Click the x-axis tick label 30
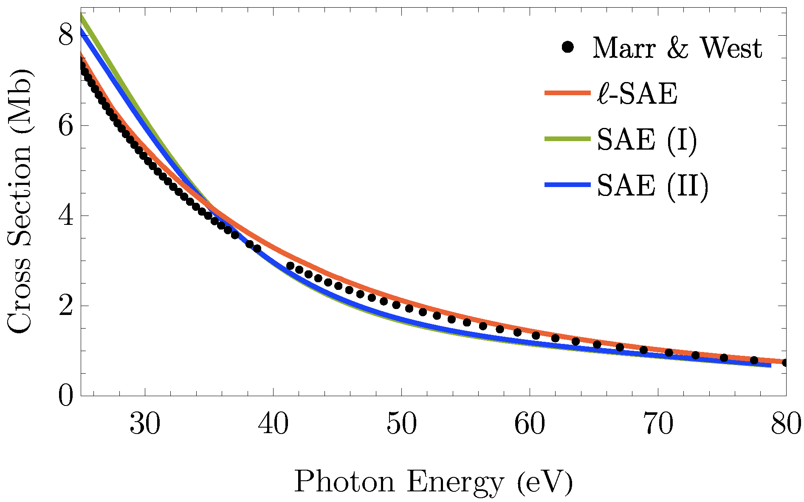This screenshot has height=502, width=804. pos(145,424)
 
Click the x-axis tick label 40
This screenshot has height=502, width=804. pos(274,424)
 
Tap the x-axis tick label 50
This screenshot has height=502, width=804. pos(402,424)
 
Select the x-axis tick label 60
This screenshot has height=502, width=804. pos(530,424)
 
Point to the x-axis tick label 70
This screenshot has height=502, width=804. pos(658,424)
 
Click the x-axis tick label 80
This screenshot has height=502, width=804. pos(786,424)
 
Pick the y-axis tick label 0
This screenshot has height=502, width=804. pos(65,396)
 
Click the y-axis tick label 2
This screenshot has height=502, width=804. pos(65,306)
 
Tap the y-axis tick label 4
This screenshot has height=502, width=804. pos(65,216)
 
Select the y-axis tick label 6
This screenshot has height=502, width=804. pos(65,126)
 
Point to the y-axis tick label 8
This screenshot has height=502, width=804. pos(65,36)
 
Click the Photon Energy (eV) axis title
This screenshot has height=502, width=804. pos(433,482)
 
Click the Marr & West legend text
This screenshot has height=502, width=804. pos(677,48)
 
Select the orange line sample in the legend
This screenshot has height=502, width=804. pos(567,93)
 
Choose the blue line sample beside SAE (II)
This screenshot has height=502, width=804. pos(567,184)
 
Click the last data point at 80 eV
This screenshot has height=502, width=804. pos(785,363)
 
